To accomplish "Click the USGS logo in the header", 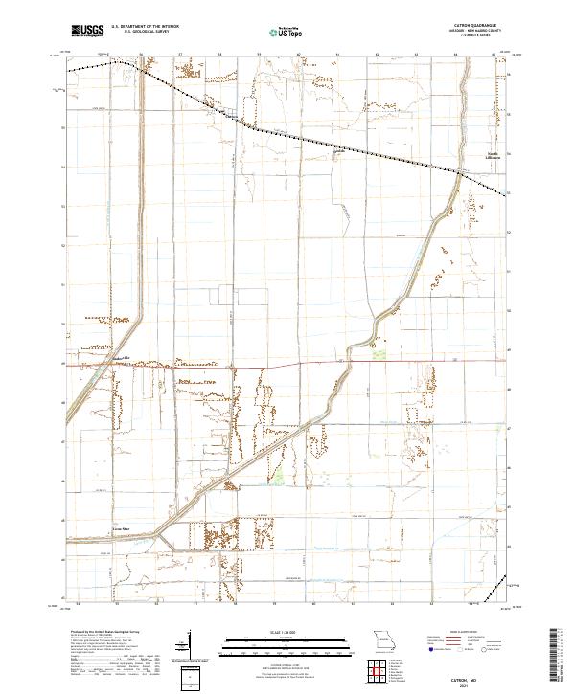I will click(87, 31).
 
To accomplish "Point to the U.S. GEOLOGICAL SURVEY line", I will click(140, 33).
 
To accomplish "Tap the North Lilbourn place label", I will click(490, 158).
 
